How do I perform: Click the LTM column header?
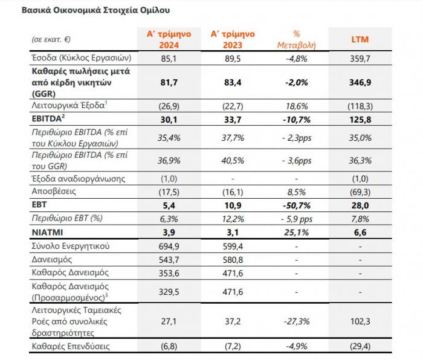click(360, 39)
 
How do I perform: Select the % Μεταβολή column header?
click(297, 39)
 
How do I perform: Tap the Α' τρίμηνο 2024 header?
click(169, 39)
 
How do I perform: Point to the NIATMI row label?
click(47, 232)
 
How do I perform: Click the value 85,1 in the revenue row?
click(169, 58)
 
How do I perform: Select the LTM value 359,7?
click(360, 58)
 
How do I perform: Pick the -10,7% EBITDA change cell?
click(297, 119)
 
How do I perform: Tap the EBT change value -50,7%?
click(297, 205)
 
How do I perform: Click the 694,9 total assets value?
click(169, 246)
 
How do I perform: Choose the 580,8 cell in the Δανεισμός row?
click(233, 260)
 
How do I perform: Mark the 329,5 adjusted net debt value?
click(169, 292)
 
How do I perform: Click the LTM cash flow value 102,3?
click(360, 321)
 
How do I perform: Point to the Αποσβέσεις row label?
click(54, 191)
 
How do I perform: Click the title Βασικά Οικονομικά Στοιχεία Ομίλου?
click(95, 10)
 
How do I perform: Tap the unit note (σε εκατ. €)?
click(51, 40)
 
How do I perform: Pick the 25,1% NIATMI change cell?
click(297, 233)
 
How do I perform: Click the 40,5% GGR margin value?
click(233, 161)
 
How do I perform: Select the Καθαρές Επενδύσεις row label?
click(71, 346)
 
